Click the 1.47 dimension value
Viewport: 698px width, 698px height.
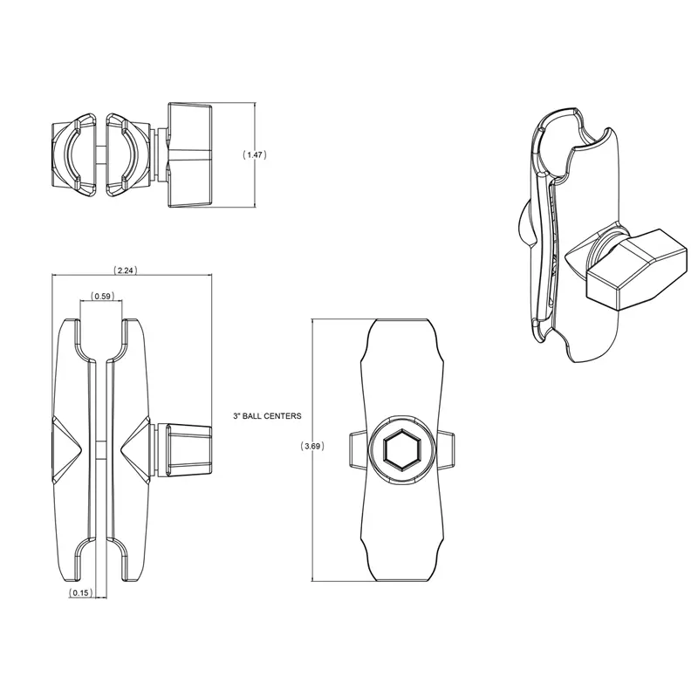255,155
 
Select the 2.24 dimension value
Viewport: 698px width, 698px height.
125,270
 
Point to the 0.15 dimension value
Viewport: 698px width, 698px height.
80,592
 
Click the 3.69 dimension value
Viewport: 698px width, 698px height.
312,446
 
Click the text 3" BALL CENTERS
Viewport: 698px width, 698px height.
267,416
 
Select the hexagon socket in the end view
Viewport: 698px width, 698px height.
400,449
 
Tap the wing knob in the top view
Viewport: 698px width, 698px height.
189,155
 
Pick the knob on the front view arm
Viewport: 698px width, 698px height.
188,449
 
